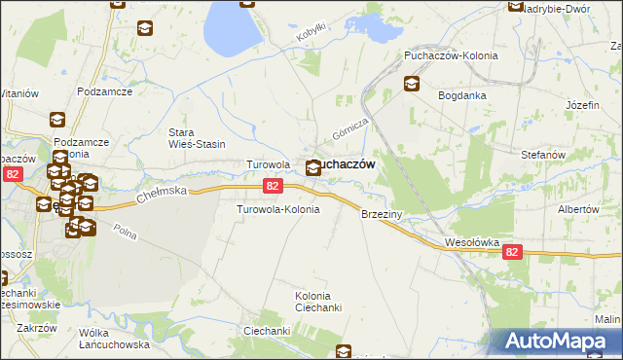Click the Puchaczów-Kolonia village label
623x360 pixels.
[451, 55]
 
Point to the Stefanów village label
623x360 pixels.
[543, 155]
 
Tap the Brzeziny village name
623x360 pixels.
[382, 213]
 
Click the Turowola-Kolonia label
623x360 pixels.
[278, 209]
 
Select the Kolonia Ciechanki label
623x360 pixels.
[319, 302]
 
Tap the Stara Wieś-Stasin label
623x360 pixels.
[197, 137]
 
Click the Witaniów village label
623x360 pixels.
[18, 93]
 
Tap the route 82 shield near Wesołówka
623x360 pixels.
[514, 252]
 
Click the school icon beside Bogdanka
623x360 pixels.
[412, 84]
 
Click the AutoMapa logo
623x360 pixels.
[556, 342]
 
